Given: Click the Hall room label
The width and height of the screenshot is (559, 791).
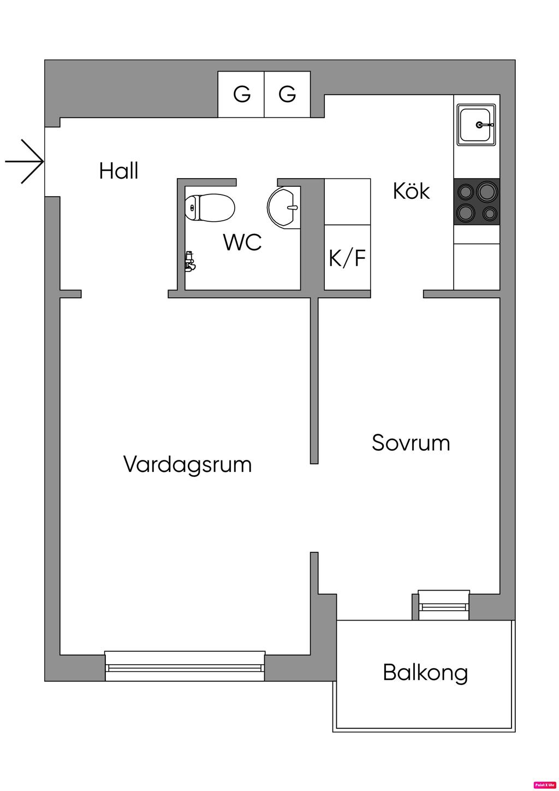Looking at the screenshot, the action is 118,171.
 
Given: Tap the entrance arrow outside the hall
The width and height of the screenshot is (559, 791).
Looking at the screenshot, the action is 25,162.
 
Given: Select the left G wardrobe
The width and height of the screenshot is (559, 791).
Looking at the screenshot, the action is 241,95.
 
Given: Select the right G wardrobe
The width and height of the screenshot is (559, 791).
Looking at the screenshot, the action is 288,95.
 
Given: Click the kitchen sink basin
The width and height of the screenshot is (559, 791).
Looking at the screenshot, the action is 477,125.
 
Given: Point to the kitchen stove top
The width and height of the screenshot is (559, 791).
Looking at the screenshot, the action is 477,202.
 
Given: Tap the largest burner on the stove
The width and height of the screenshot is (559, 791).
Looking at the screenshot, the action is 487,191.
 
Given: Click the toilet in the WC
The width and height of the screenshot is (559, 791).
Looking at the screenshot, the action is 210,208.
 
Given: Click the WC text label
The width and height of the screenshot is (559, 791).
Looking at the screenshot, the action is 242,242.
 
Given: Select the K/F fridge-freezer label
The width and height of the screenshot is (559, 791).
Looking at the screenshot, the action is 347,258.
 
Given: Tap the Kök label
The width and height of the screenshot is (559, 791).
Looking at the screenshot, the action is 412,191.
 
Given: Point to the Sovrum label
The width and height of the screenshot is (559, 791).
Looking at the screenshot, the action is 411,442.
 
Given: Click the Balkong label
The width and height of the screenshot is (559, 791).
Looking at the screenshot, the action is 425,673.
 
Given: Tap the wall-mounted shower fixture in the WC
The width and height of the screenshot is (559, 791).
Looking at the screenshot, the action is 190,261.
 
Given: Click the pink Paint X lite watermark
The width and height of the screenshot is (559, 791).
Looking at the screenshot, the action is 545,784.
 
